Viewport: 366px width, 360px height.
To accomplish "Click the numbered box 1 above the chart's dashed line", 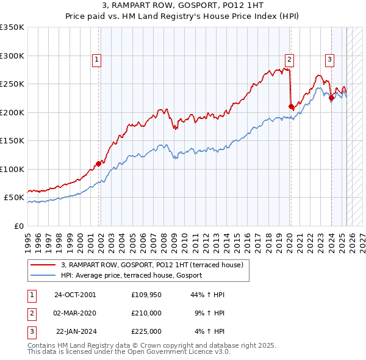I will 97,59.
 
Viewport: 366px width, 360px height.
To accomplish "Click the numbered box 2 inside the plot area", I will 289,59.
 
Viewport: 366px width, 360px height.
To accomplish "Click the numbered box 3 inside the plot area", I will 329,59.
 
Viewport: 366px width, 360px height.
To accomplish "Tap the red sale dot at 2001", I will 98,164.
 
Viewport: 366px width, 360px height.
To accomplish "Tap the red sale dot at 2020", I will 291,107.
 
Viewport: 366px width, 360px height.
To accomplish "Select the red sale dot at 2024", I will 331,98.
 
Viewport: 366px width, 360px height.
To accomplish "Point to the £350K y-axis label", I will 12,27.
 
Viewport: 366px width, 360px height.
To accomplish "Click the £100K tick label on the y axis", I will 12,169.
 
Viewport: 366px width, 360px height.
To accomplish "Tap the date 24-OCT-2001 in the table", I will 75,295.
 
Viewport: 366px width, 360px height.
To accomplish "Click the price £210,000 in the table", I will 146,313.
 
